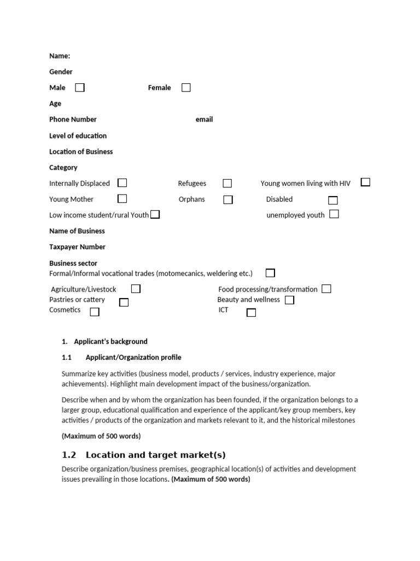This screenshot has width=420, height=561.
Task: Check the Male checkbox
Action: (80, 88)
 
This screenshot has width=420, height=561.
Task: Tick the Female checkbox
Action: (186, 88)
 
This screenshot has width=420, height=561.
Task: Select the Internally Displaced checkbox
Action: (122, 183)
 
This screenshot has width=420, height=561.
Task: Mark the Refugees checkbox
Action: (227, 184)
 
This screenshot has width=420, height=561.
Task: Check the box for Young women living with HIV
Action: (365, 182)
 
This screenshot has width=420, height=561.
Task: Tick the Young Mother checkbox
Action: (122, 199)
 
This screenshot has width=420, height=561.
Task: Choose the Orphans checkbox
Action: (227, 199)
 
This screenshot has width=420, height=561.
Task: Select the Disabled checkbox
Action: (332, 200)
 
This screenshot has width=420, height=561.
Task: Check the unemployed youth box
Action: (334, 214)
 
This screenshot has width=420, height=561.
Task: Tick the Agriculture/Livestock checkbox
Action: (136, 289)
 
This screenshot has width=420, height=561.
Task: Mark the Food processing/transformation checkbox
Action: (326, 289)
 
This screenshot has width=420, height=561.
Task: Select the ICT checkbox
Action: (251, 312)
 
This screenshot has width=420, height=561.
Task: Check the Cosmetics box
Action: (95, 312)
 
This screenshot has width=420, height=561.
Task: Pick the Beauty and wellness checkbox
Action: (289, 300)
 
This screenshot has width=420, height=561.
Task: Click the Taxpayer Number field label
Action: (77, 247)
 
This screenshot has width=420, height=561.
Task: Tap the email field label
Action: (204, 119)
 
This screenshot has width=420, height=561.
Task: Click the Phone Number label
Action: (73, 119)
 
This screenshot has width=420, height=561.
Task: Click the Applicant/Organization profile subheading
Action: (133, 358)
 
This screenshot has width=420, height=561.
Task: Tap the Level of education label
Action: (78, 136)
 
